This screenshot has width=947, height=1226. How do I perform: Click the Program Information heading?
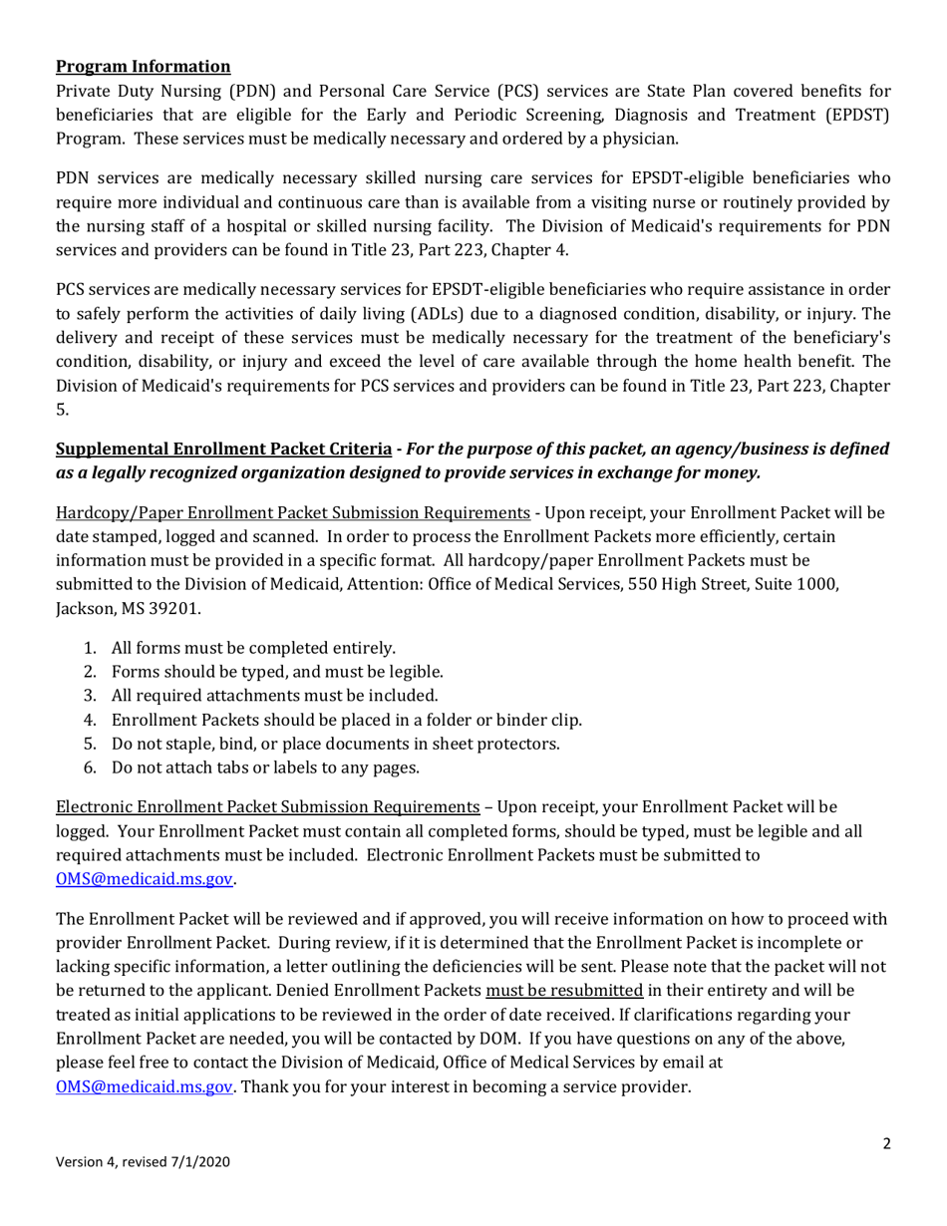coord(143,67)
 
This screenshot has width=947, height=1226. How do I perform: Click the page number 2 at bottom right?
coord(886,1144)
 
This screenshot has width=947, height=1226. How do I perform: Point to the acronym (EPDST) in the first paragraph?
coord(846,115)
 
